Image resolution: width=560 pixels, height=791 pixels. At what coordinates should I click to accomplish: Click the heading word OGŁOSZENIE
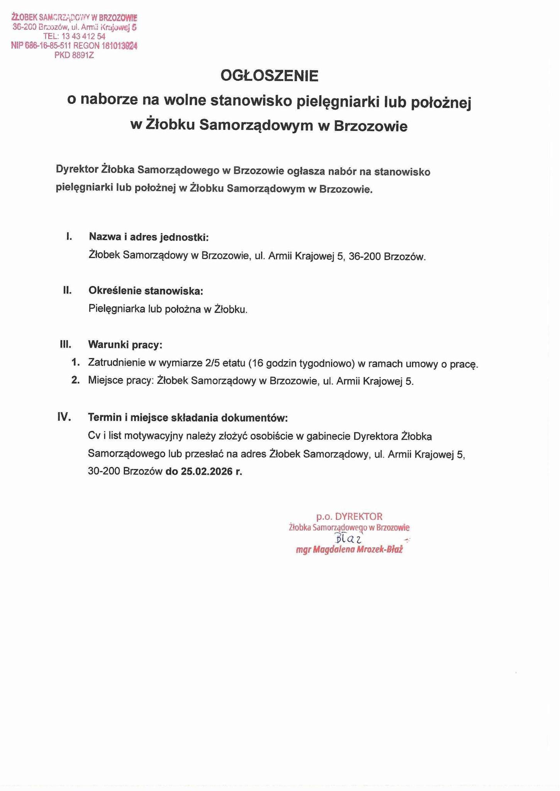point(269,76)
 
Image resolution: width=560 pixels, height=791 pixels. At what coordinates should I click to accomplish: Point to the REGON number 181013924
point(119,46)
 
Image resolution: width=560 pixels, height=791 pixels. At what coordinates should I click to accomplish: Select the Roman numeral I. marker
point(69,236)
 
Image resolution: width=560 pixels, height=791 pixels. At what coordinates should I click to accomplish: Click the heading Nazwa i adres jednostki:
point(148,237)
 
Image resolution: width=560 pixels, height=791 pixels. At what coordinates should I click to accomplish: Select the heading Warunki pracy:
point(125,345)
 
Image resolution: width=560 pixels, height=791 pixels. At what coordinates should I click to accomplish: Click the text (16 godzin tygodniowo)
point(302,363)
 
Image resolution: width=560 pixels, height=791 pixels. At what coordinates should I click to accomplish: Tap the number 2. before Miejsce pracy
point(75,380)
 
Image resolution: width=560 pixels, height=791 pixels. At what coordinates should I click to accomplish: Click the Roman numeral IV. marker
point(64,417)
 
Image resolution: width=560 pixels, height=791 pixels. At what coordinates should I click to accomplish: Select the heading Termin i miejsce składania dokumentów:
point(188,418)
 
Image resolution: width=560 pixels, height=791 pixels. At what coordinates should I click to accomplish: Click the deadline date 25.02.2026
point(207,471)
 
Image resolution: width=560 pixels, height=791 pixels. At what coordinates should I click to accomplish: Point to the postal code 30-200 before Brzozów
point(104,471)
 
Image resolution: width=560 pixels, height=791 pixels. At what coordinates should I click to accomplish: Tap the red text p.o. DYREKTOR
point(349,516)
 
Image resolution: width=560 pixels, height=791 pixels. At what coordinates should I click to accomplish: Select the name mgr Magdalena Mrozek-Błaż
point(349,550)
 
